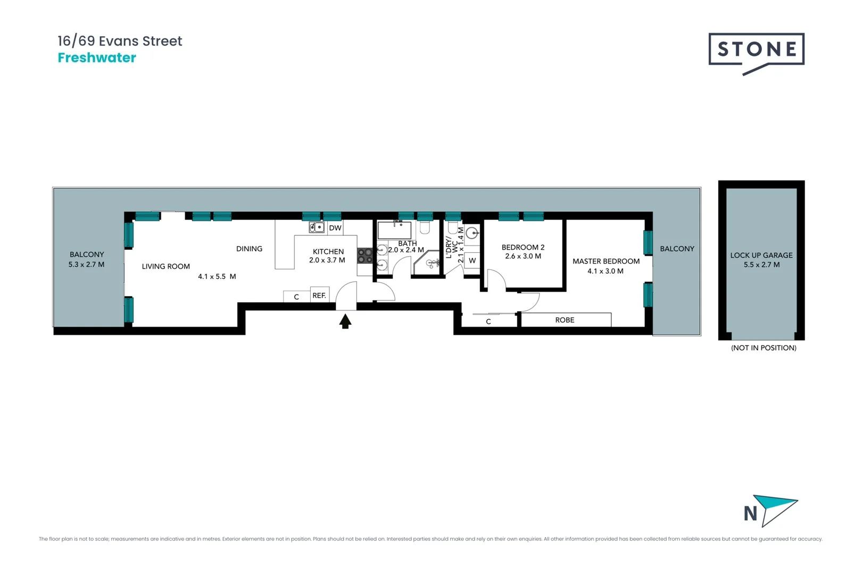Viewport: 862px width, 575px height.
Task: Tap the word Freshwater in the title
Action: coord(97,58)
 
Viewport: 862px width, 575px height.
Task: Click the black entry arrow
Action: coord(345,321)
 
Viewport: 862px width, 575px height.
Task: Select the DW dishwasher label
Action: coord(335,228)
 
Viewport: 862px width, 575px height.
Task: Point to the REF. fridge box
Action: coord(319,295)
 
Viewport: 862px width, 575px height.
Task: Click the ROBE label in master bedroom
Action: coord(565,320)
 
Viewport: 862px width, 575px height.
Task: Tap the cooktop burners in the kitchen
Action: coord(365,256)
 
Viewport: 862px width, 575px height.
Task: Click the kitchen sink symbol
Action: coord(317,227)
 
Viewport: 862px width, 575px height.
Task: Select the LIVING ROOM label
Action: coord(165,266)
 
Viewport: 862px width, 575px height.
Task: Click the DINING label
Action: coord(249,249)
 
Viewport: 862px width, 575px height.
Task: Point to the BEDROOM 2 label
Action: coord(523,248)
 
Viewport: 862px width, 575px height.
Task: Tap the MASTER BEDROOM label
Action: coord(606,261)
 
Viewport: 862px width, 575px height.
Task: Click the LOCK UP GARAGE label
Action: coord(761,256)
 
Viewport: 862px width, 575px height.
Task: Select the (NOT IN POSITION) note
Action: coord(764,348)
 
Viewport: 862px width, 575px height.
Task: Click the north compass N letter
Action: coord(750,514)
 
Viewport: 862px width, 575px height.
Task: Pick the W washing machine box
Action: coord(473,260)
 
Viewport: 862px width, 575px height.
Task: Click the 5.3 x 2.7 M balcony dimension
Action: coord(86,265)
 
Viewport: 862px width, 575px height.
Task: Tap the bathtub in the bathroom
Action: coord(394,231)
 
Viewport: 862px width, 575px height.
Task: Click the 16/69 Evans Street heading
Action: coord(120,41)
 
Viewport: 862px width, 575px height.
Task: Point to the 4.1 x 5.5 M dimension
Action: coord(217,277)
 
